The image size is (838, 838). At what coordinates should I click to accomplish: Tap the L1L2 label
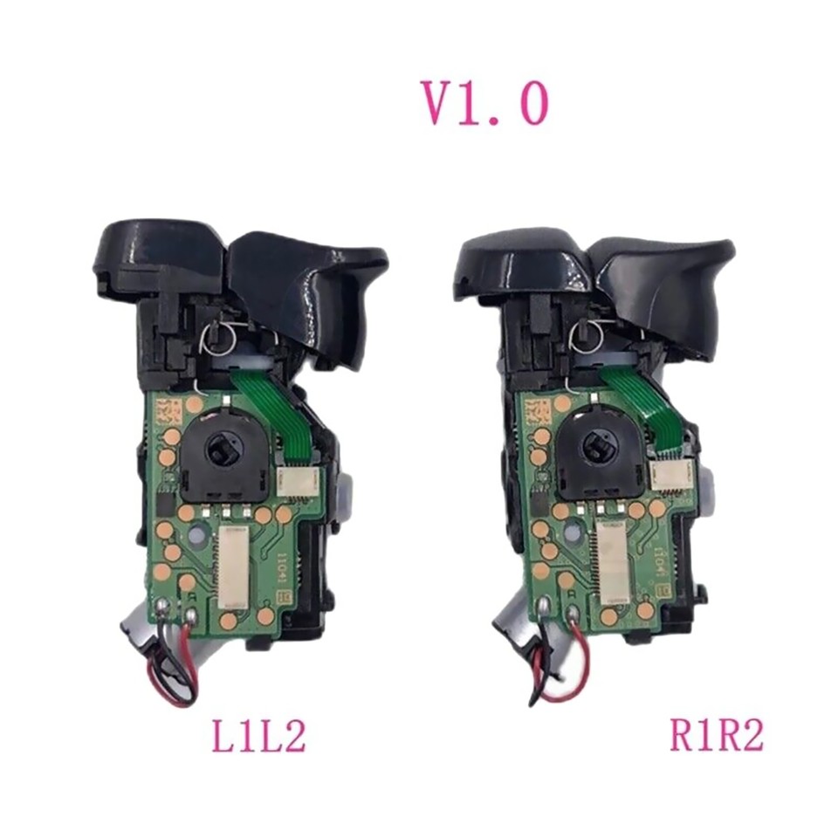[x=259, y=735]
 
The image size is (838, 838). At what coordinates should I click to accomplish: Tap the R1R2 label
[x=716, y=735]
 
